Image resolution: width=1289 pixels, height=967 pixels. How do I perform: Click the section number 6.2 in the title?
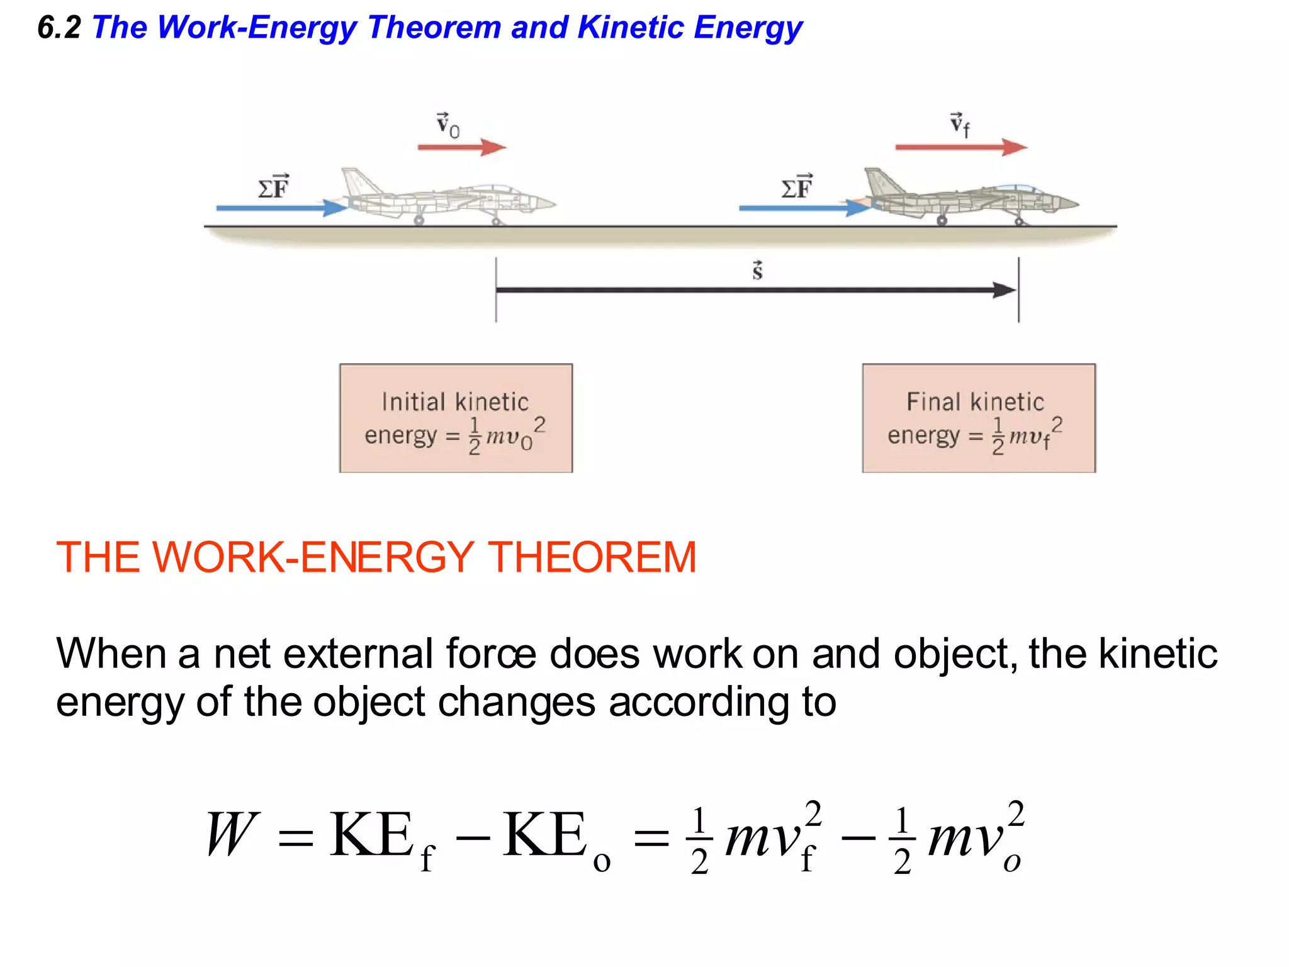point(59,28)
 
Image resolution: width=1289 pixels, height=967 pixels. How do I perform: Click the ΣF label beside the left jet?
point(274,187)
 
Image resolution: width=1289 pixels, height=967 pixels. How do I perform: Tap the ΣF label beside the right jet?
point(797,187)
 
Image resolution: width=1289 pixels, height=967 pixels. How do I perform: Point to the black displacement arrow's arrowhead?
point(1005,290)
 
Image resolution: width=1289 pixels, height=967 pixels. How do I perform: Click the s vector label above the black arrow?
point(757,270)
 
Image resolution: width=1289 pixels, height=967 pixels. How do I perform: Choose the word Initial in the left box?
point(413,402)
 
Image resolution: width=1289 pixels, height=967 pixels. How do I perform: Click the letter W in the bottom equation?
point(232,835)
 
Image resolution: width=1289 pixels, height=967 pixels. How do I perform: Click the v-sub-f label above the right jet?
point(960,124)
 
